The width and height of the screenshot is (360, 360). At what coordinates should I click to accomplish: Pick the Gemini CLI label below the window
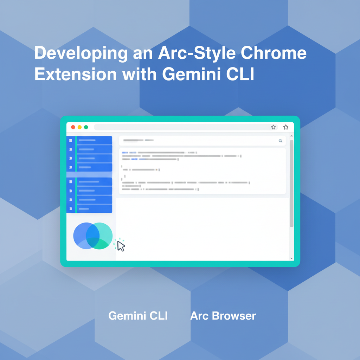[x=138, y=316]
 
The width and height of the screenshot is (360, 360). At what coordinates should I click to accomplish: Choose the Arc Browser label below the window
[x=223, y=316]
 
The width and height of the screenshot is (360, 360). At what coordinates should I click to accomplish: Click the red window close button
[x=73, y=127]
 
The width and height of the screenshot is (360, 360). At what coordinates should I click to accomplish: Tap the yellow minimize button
[x=79, y=127]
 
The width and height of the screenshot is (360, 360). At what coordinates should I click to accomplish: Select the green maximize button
[x=86, y=127]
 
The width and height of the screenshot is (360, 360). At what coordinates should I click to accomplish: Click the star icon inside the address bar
[x=273, y=127]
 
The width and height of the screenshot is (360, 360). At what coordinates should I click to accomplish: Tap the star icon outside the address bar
[x=286, y=127]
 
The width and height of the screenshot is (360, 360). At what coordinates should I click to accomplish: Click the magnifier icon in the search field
[x=281, y=141]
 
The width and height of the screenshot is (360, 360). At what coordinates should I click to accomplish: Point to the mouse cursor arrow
[x=121, y=246]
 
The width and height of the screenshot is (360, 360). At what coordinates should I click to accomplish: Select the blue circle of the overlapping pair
[x=81, y=235]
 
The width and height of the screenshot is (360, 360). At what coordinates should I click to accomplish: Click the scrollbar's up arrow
[x=291, y=136]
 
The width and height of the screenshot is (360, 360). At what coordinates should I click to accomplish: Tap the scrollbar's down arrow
[x=291, y=258]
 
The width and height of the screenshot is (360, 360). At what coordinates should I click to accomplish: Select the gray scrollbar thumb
[x=291, y=183]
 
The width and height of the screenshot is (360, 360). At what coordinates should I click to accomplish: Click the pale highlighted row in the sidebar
[x=89, y=175]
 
